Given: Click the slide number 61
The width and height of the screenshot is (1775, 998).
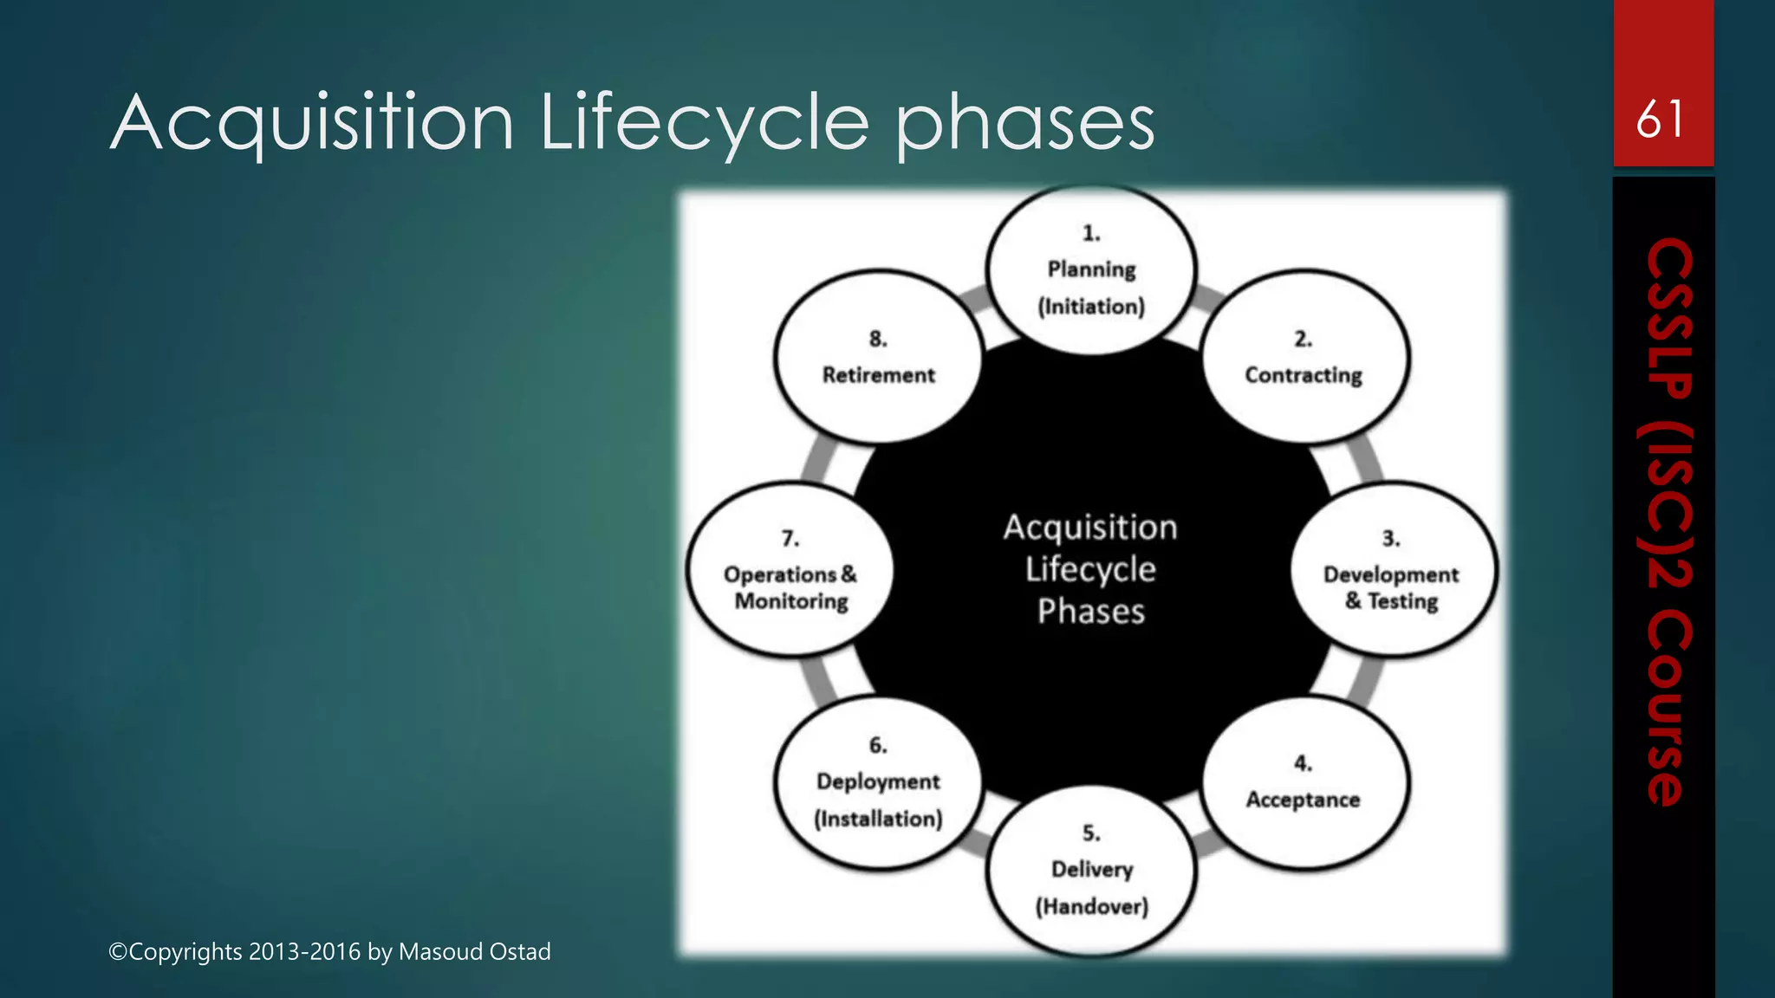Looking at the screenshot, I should click(1660, 120).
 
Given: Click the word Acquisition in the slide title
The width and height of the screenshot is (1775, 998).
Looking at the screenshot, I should click(313, 123).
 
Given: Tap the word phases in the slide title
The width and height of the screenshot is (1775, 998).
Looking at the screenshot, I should click(1024, 123).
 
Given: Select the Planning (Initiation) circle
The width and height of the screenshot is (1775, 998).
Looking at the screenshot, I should click(1091, 270).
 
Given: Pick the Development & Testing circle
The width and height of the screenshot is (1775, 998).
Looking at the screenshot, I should click(1392, 570).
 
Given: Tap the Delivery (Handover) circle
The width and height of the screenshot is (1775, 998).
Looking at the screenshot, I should click(1091, 870).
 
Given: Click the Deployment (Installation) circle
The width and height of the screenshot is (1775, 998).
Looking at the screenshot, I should click(878, 782).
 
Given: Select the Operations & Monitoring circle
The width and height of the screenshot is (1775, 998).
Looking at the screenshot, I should click(790, 570).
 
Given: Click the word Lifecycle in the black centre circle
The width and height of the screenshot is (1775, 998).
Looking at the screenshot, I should click(1090, 570).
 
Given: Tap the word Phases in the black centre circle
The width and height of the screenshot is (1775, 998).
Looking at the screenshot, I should click(1090, 612).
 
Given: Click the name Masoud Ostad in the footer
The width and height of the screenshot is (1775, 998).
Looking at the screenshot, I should click(474, 951).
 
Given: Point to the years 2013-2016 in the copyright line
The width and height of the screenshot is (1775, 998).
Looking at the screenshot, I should click(304, 951).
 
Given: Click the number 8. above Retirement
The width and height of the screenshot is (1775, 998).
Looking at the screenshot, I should click(878, 339).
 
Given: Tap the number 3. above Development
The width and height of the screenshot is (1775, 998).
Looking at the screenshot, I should click(1390, 539).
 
